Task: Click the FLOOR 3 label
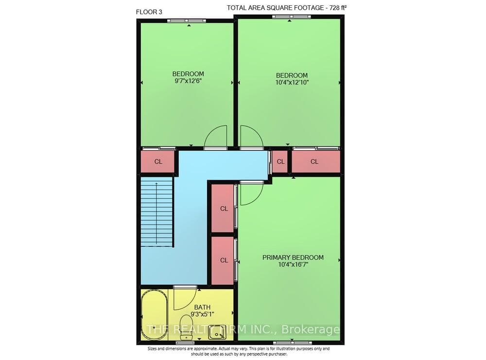tap(149, 12)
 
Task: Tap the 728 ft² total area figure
tap(336, 8)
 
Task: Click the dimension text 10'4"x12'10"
tap(292, 83)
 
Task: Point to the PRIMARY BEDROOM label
tap(293, 257)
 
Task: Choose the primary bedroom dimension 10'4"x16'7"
tap(293, 265)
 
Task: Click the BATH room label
tap(202, 308)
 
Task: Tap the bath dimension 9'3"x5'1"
tap(202, 314)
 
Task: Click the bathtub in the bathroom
tap(155, 315)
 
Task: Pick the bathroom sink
tap(216, 332)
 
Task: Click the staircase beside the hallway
tap(157, 212)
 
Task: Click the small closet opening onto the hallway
tap(280, 161)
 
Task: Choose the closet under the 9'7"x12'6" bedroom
tap(158, 161)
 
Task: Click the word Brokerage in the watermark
tap(310, 330)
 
